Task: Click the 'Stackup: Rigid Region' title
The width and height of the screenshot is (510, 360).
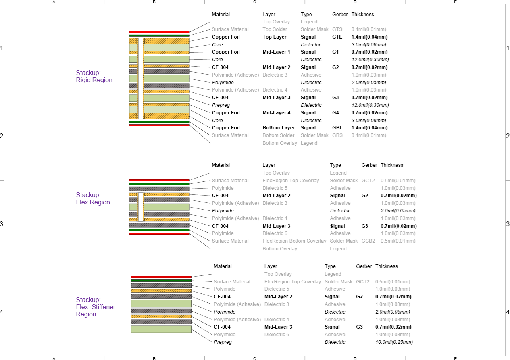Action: coord(94,76)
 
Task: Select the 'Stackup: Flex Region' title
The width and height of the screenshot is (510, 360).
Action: coord(93,198)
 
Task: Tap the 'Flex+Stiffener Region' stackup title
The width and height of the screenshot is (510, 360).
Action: coord(96,307)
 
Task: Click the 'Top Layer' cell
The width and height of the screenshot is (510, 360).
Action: coord(275,37)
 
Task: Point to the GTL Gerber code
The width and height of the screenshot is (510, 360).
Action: coord(337,37)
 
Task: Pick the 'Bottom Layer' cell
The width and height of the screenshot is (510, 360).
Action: coord(279,128)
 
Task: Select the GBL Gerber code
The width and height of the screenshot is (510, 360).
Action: coord(337,128)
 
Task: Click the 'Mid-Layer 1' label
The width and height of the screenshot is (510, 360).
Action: coord(276,52)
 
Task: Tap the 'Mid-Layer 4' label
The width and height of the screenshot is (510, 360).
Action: coord(277,113)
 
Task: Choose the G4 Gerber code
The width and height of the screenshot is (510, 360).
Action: coord(335,113)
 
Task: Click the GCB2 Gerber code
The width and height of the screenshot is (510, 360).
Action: coord(368,241)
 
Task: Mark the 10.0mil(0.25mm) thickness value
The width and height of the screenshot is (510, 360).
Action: coord(394,342)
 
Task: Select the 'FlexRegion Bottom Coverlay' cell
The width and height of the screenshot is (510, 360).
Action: coord(294,241)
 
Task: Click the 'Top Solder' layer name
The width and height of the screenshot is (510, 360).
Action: coord(275,29)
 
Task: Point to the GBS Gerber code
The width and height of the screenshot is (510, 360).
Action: coord(337,135)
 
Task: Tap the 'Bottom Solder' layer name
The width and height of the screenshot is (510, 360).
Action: coord(278,135)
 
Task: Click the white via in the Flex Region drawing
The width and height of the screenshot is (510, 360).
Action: coord(141,207)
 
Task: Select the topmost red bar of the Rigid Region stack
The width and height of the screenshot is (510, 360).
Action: coord(159,32)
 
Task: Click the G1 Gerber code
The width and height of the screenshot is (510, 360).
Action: coord(335,52)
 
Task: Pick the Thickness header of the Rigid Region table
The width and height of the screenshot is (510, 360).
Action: coord(362,15)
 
